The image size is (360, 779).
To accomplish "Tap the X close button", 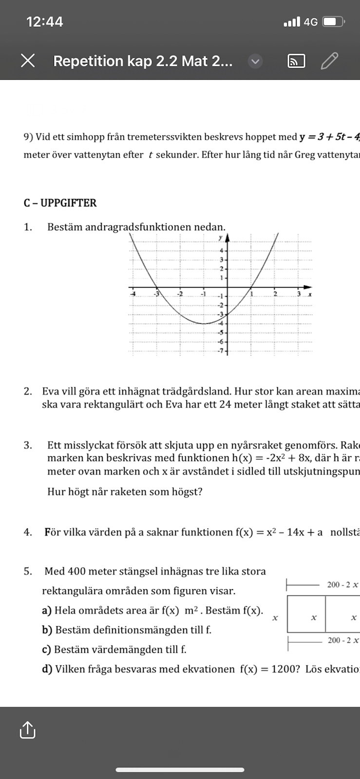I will pyautogui.click(x=28, y=61).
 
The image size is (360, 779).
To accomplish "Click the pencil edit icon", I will pyautogui.click(x=330, y=61).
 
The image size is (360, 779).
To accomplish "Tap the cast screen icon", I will pyautogui.click(x=296, y=61).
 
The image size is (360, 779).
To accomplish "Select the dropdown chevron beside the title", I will pyautogui.click(x=255, y=61).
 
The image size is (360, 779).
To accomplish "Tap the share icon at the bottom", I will pyautogui.click(x=27, y=730).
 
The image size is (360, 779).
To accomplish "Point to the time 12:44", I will pyautogui.click(x=45, y=22).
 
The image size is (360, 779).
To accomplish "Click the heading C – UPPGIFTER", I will pyautogui.click(x=60, y=203).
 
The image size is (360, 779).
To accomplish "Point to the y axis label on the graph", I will pyautogui.click(x=220, y=237).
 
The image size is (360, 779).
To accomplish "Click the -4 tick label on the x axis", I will pyautogui.click(x=133, y=294).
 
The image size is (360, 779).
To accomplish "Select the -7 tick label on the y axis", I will pyautogui.click(x=220, y=351).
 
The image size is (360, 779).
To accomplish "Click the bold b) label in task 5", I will pyautogui.click(x=47, y=630).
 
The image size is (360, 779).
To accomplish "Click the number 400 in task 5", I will pyautogui.click(x=77, y=571).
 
